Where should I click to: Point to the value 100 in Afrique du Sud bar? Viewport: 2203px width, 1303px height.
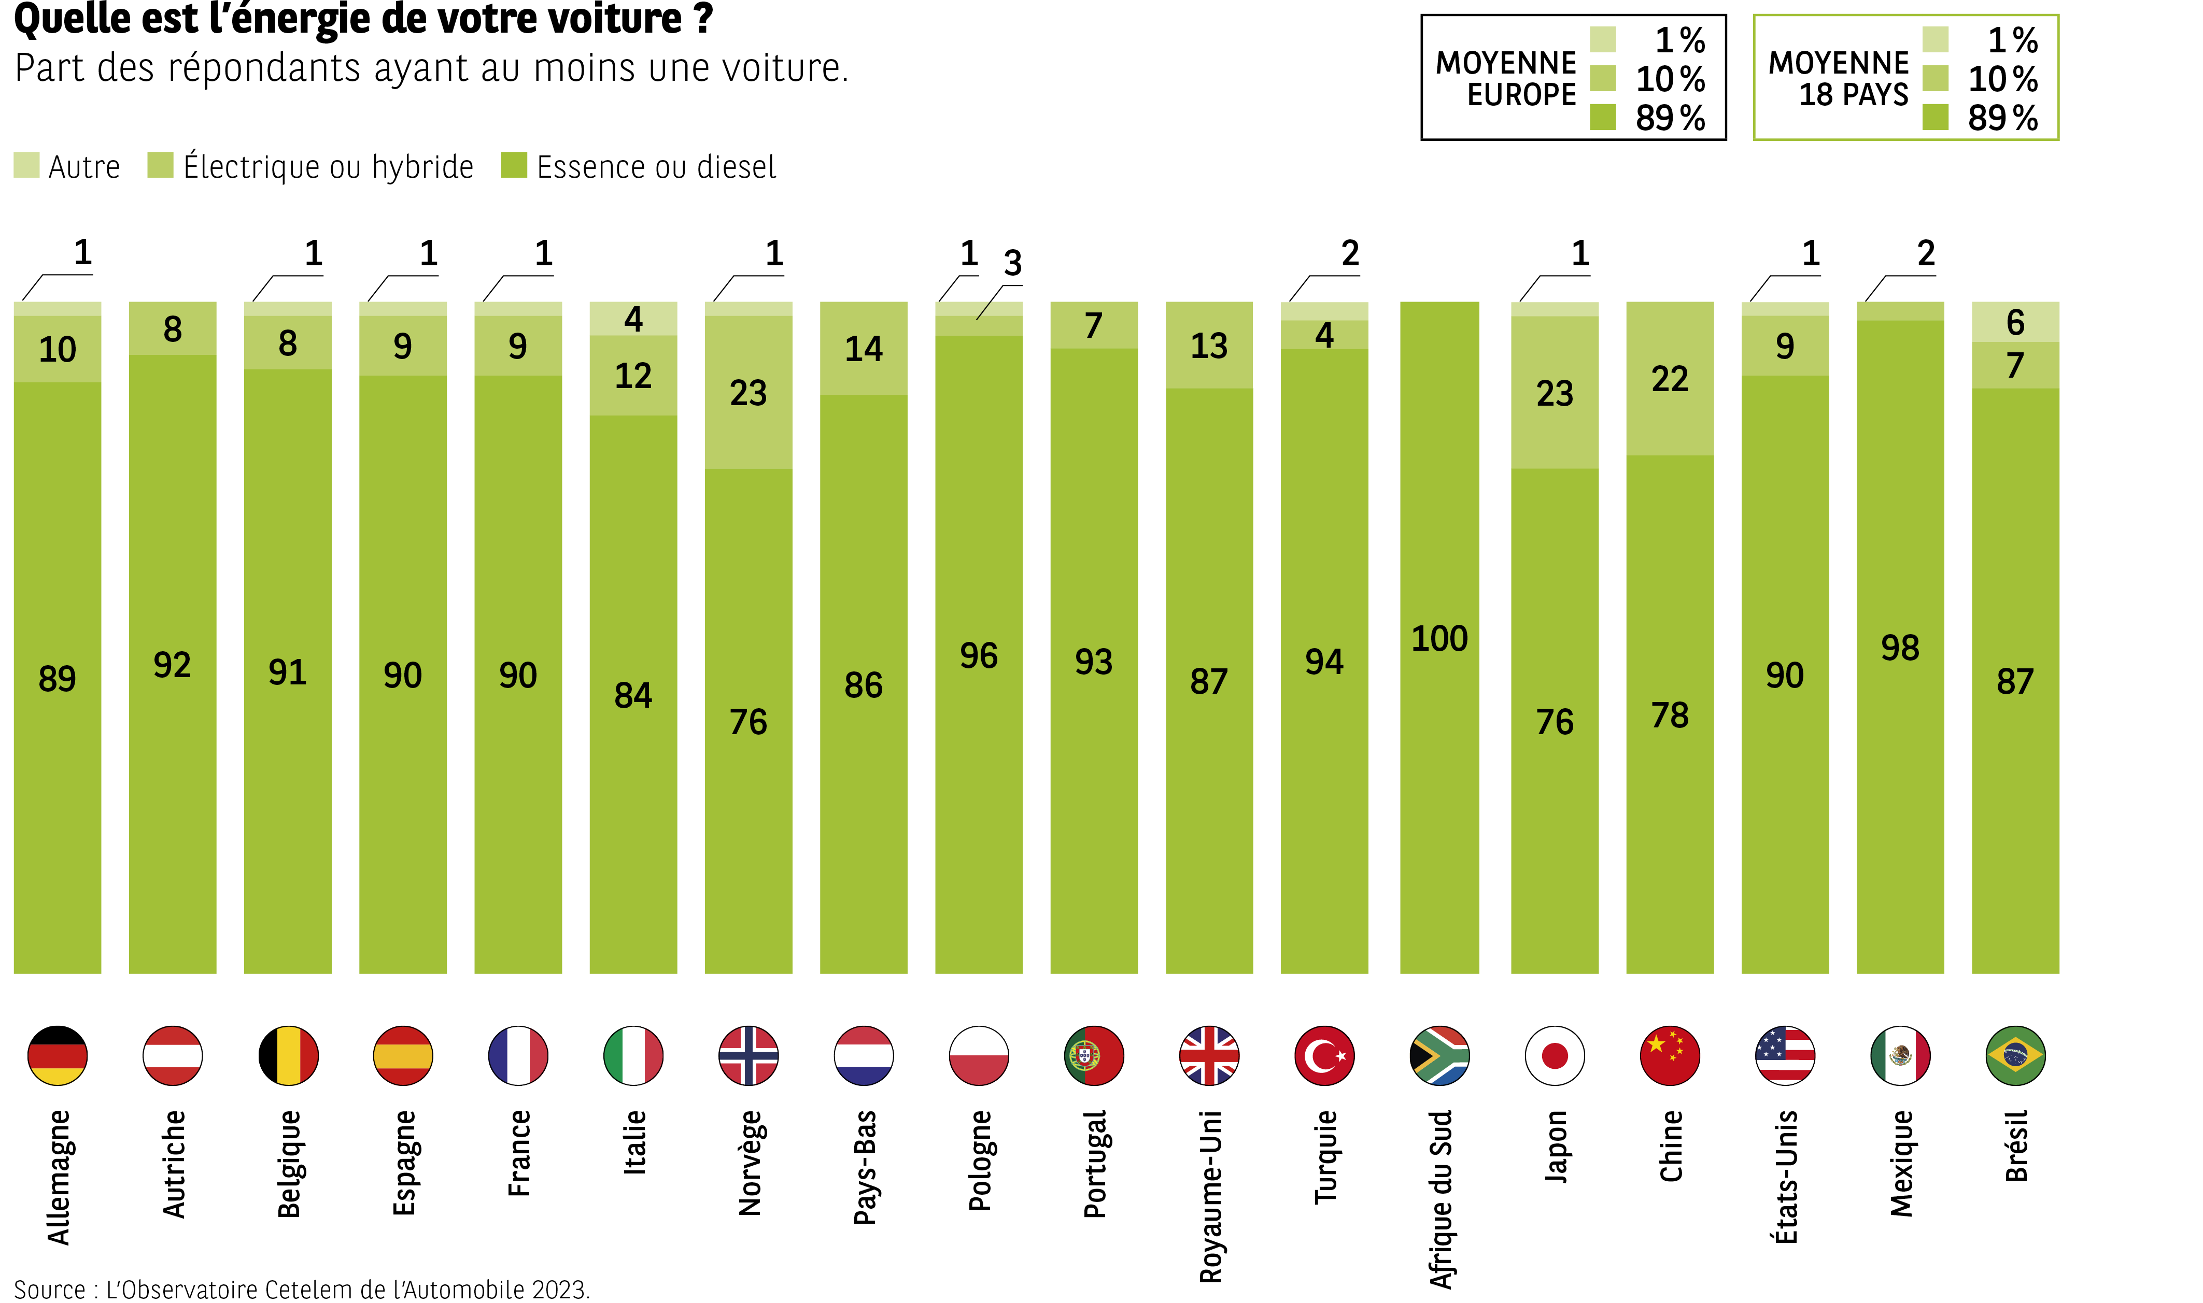(x=1439, y=638)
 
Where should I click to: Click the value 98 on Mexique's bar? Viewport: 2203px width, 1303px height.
(x=1899, y=648)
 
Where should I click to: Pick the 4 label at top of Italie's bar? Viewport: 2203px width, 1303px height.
(x=633, y=319)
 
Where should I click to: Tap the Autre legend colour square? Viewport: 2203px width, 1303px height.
(x=26, y=165)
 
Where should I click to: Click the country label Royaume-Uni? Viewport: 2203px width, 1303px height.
(x=1209, y=1196)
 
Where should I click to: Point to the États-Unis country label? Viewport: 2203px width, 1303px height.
(x=1786, y=1177)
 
